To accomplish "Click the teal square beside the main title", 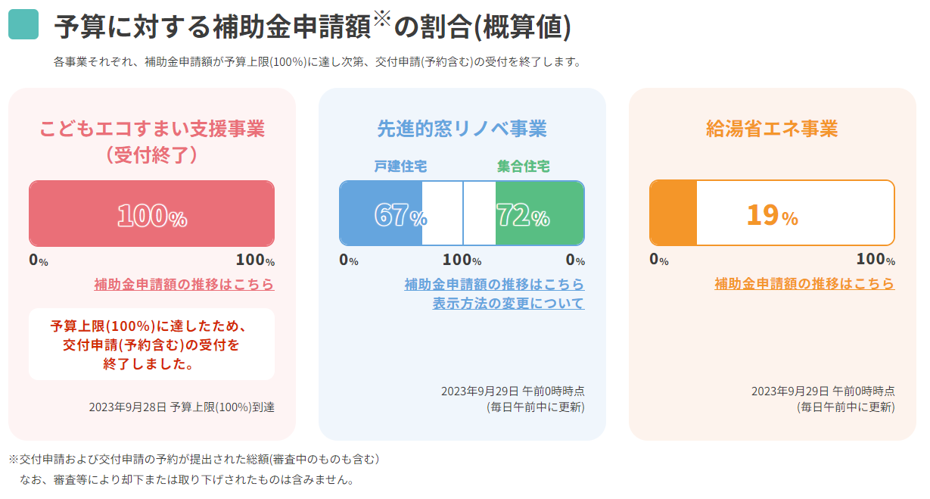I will click(x=23, y=25).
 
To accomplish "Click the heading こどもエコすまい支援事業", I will click(x=152, y=128).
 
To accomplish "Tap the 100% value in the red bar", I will click(x=152, y=216).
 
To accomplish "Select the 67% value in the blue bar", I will click(x=400, y=216).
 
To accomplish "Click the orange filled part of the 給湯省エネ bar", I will click(x=673, y=213).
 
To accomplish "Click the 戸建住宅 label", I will click(x=400, y=167).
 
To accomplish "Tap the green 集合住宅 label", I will click(x=524, y=167).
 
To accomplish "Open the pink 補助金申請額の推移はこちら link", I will click(x=184, y=285).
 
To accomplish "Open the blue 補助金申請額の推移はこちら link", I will click(x=494, y=285).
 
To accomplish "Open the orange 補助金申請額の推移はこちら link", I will click(x=804, y=284).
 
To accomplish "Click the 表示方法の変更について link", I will click(x=509, y=304).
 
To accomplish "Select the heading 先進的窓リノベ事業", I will click(x=462, y=128).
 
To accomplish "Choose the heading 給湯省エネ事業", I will click(x=772, y=128).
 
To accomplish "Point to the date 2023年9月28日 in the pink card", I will click(x=127, y=407).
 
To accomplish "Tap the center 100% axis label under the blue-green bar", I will click(x=462, y=260).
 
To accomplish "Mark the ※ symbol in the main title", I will click(x=381, y=18).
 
